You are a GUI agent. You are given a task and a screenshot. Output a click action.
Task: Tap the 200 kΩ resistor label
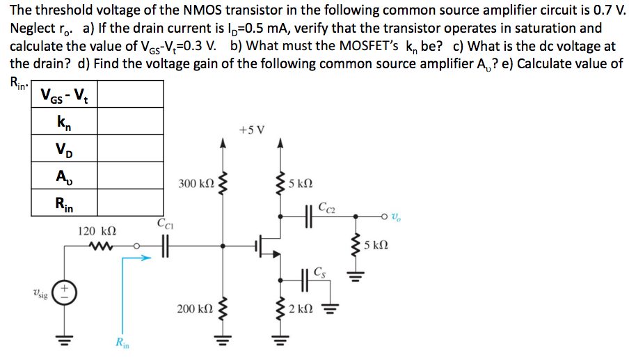pyautogui.click(x=196, y=307)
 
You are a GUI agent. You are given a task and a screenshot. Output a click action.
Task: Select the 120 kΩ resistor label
pyautogui.click(x=96, y=229)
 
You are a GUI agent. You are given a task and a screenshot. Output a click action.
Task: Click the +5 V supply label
pyautogui.click(x=250, y=130)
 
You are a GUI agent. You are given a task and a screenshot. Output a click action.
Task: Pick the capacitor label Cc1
pyautogui.click(x=165, y=224)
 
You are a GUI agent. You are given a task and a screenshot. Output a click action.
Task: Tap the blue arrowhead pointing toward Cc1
pyautogui.click(x=145, y=258)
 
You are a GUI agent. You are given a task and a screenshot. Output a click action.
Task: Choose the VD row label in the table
pyautogui.click(x=64, y=148)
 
